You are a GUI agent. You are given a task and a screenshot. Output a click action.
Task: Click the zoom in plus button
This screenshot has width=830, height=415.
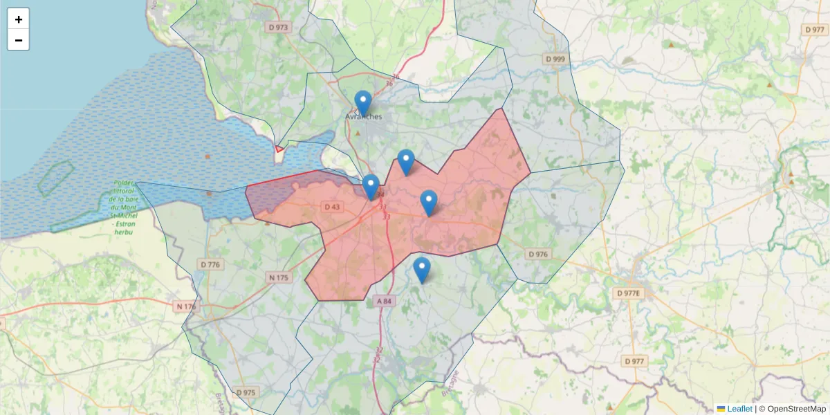(19, 19)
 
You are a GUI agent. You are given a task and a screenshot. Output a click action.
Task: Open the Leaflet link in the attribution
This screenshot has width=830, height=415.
(739, 409)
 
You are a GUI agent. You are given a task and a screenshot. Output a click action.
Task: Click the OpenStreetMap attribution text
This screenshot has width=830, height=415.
(796, 409)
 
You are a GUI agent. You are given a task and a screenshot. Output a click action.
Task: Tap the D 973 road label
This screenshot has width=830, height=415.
(277, 27)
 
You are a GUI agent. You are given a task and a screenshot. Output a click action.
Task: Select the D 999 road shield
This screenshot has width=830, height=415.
(554, 59)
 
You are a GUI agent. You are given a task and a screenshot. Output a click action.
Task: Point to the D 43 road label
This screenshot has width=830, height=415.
(332, 207)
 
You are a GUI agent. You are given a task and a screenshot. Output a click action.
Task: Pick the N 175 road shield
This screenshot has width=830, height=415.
(277, 277)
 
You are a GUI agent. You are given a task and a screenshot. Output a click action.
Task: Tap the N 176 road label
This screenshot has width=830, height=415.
(185, 306)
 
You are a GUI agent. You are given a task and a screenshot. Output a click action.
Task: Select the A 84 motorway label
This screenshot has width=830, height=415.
(385, 301)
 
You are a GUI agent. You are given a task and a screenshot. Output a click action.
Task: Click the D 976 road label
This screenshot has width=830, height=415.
(537, 255)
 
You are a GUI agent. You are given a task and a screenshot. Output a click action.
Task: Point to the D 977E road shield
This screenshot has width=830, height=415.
(629, 293)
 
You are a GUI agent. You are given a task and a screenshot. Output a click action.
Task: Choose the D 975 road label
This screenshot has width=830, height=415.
(246, 392)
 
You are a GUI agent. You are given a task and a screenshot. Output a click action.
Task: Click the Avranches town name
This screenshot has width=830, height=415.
(364, 117)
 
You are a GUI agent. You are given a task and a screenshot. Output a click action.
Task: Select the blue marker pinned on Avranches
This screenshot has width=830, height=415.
(363, 102)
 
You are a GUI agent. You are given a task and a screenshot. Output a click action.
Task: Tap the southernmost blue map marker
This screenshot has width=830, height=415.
(422, 269)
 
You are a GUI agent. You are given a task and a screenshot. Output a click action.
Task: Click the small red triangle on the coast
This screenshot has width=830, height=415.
(279, 148)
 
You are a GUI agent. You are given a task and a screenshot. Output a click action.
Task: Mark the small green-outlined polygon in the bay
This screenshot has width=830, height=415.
(55, 178)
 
